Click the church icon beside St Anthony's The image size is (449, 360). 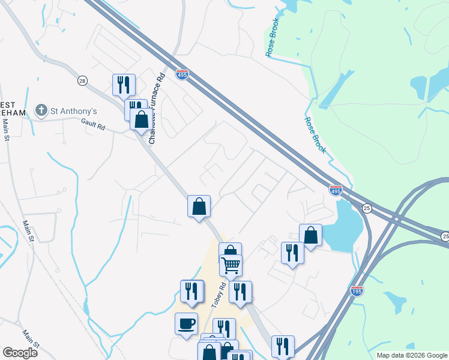point(41,110)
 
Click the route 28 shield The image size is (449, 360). point(82,80)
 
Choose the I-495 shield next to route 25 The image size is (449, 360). point(336,190)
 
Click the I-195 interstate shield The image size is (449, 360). point(357,290)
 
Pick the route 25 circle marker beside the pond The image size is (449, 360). point(367,208)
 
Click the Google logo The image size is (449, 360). point(20,352)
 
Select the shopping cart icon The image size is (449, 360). point(231,264)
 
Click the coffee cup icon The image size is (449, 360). point(186,323)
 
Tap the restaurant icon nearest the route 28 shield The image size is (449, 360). point(124,84)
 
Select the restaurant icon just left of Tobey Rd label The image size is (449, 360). point(192,290)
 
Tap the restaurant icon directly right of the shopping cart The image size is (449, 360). point(240,291)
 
